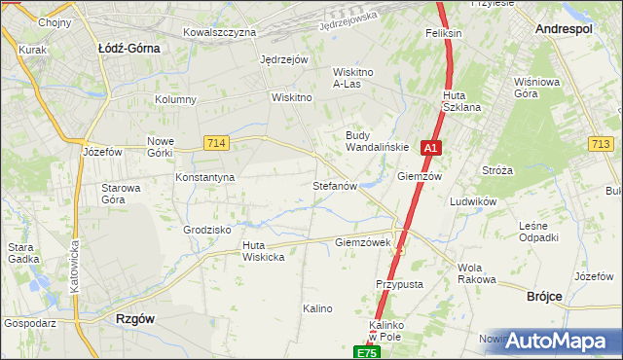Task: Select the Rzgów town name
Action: [x=135, y=318]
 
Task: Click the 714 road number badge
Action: [x=217, y=144]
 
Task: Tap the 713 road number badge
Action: [x=601, y=144]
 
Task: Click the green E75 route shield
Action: [x=365, y=352]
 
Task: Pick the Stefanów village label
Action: [x=336, y=185]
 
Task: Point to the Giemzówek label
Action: [x=362, y=242]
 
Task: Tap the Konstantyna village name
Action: [x=204, y=178]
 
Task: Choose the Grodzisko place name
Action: [x=206, y=231]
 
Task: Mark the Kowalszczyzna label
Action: [x=219, y=32]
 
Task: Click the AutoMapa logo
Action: [x=552, y=340]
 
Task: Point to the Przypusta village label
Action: [x=399, y=284]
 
